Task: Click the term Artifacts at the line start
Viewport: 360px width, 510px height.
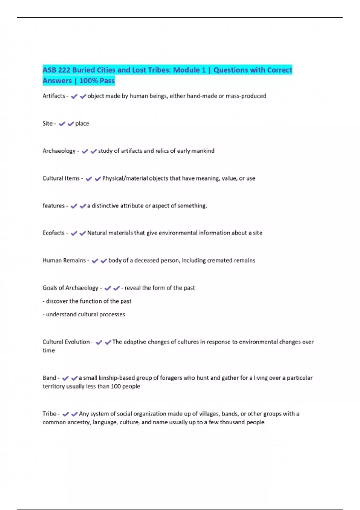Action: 54,96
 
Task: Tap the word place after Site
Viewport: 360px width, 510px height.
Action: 82,124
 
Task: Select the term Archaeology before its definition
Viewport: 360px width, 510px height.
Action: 59,151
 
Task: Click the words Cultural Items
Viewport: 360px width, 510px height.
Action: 61,178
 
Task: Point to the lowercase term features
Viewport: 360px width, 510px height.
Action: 53,206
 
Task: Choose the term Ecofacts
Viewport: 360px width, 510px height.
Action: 53,233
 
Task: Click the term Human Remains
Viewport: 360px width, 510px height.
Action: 64,260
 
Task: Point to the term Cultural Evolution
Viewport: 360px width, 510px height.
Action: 66,342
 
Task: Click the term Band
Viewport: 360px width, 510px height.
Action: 49,378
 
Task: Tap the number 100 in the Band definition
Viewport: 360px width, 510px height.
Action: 115,386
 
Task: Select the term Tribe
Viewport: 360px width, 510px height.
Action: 49,414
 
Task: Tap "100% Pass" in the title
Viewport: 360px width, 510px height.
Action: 97,81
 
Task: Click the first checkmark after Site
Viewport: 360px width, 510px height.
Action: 62,124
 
